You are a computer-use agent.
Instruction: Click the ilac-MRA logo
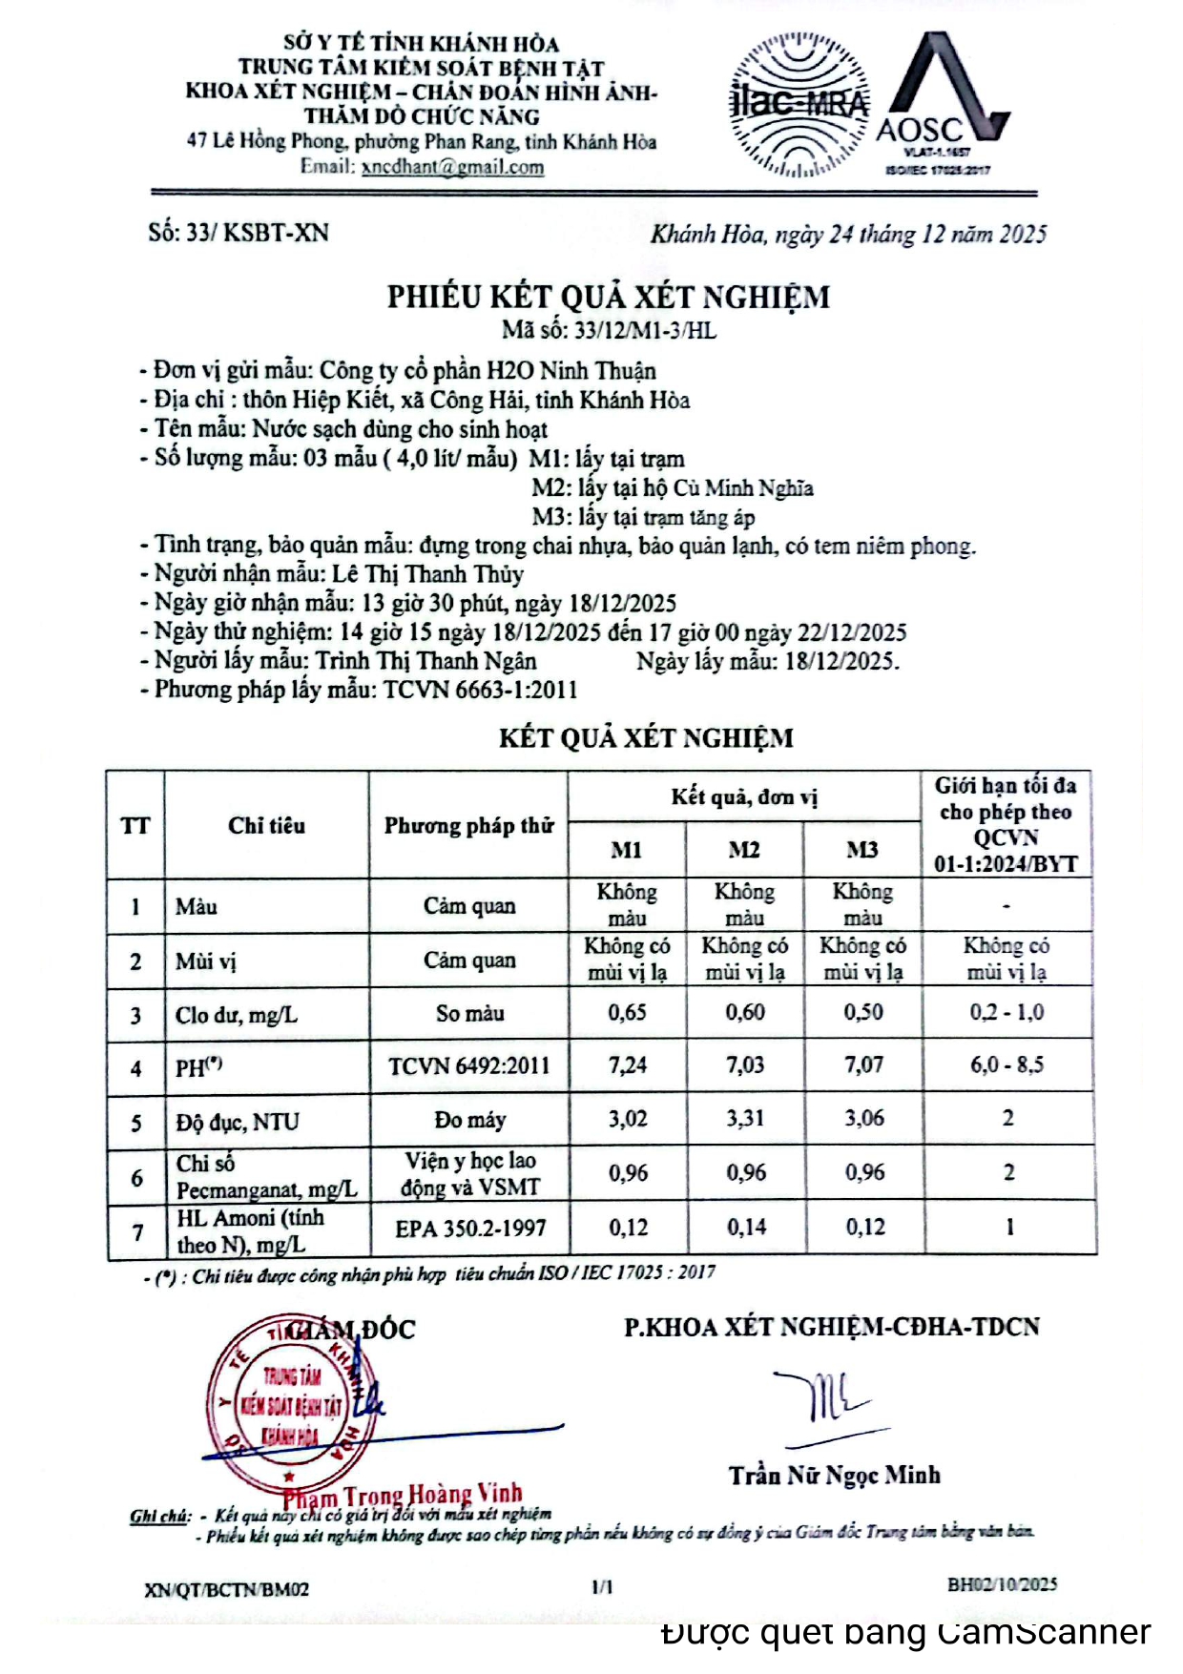799,105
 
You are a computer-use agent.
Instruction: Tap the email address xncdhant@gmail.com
452,167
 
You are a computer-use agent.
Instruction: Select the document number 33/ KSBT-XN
239,233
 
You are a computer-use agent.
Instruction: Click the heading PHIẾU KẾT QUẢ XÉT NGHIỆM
608,297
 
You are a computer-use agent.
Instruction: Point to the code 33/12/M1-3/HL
645,331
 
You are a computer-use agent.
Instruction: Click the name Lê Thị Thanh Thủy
427,574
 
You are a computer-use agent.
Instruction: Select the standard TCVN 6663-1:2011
481,690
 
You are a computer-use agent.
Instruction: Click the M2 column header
744,850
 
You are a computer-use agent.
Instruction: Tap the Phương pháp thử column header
468,826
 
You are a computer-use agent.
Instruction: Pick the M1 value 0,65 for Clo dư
627,1013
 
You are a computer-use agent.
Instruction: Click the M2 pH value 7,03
745,1065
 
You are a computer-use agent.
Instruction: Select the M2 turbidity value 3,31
745,1119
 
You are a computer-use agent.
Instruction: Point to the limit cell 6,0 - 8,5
1007,1065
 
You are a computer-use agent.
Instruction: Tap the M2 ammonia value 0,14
746,1228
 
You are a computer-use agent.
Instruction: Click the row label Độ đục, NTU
238,1123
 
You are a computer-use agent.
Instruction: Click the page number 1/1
602,1587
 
